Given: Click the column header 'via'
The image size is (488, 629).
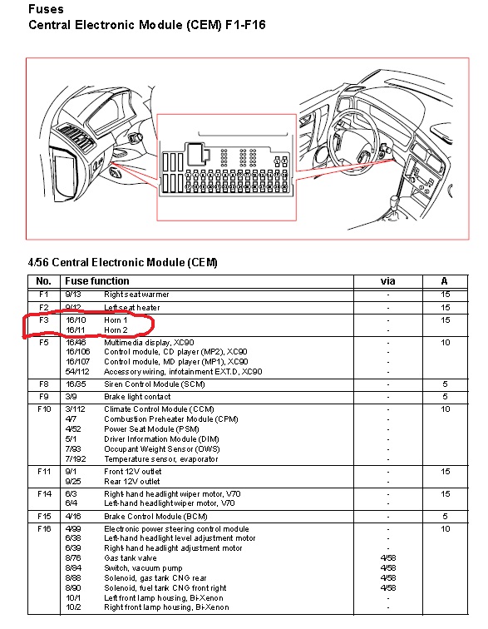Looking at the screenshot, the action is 387,281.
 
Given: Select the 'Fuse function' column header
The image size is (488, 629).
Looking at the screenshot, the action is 97,281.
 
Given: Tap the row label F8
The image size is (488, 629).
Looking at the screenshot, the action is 44,384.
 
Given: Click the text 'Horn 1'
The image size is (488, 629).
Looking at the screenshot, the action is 116,320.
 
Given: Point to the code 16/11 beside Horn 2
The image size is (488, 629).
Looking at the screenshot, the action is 76,330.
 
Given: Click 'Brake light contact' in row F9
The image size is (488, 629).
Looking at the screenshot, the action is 137,397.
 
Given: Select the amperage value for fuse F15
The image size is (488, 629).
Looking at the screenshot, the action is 445,517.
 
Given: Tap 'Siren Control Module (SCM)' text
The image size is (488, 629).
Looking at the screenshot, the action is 155,384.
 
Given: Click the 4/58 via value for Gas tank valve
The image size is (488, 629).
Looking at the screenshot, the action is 388,558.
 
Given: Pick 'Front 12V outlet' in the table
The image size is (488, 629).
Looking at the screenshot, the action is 133,472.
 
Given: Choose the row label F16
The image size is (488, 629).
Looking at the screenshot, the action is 44,528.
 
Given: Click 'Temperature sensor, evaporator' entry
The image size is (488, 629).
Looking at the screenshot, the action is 160,459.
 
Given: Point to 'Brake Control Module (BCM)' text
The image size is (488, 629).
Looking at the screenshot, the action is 155,517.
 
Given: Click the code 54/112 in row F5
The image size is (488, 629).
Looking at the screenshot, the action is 77,371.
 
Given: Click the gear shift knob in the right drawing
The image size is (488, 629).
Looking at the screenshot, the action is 396,200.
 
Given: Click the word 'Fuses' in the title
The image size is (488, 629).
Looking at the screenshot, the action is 46,9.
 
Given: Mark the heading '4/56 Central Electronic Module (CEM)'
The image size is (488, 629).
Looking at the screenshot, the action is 123,262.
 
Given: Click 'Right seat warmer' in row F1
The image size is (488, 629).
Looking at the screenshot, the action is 136,295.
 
